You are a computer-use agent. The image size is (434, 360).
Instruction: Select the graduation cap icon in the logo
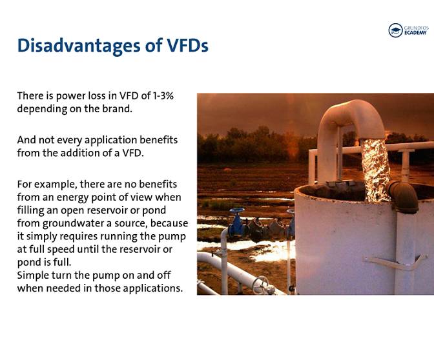(x=395, y=30)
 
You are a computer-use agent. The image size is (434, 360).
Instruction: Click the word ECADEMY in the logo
(x=416, y=33)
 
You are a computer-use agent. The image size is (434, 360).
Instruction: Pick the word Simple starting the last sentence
(x=33, y=275)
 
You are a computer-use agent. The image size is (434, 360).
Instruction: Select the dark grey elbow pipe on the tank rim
(x=403, y=195)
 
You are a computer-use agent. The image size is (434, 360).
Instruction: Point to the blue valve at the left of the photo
(x=237, y=223)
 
